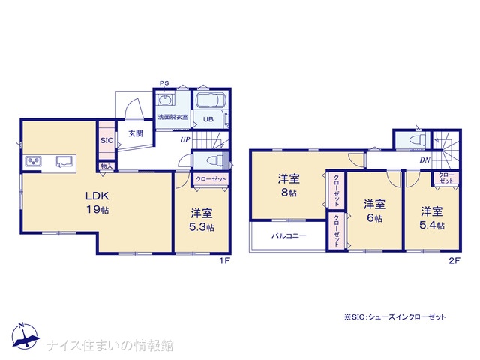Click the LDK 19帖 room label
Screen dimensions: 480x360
click(97, 202)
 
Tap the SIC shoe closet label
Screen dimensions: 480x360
click(106, 141)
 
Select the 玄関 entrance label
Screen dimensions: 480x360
click(136, 133)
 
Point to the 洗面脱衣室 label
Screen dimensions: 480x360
click(173, 117)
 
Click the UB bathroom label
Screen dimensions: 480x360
click(208, 119)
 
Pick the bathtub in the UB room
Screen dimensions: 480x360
click(211, 100)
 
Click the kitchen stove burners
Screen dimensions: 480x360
click(33, 161)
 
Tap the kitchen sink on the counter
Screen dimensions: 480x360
click(64, 161)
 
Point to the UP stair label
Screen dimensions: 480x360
click(185, 140)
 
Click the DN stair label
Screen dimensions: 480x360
click(425, 160)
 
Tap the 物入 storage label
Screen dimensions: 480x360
click(106, 166)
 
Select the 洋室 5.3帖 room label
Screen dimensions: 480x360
click(202, 220)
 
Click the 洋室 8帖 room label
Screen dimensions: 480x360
click(289, 185)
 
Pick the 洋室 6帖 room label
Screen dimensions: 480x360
click(374, 211)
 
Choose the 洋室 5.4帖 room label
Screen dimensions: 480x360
click(432, 218)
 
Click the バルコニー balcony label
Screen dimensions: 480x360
click(289, 235)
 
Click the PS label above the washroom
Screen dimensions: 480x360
click(164, 83)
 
